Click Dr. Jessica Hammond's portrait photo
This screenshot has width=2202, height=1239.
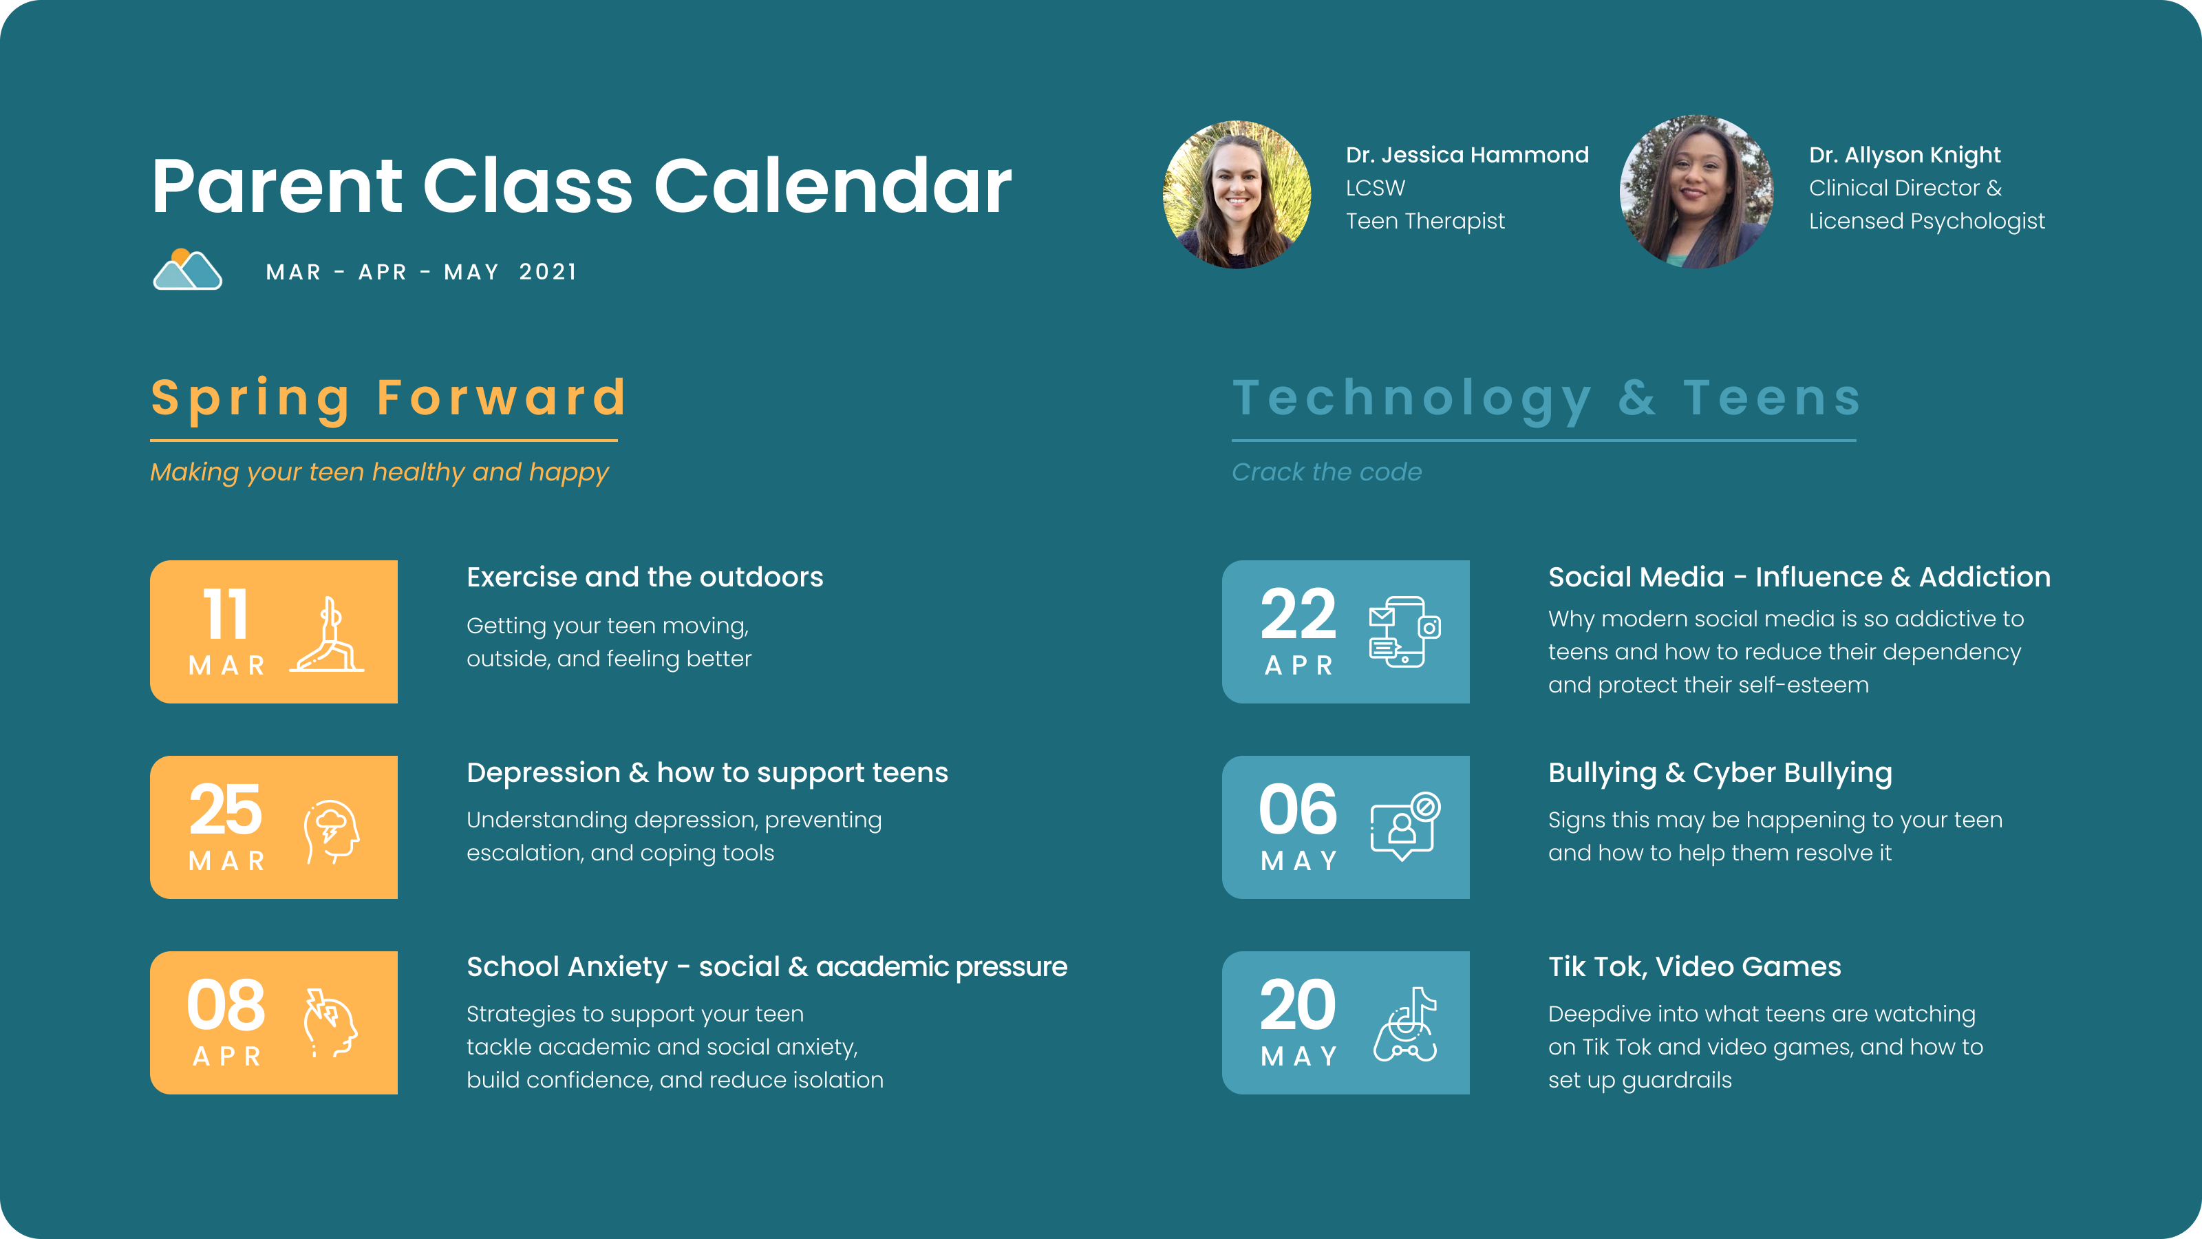pos(1237,195)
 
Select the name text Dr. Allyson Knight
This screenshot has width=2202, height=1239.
pos(1905,155)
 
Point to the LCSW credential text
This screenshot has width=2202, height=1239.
pos(1376,188)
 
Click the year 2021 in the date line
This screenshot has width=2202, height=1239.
pos(548,272)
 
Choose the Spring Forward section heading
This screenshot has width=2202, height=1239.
pos(389,399)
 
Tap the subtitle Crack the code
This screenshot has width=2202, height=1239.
pos(1327,472)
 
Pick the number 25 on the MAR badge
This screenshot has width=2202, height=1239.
pos(226,809)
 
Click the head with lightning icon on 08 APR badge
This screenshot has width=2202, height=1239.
pos(330,1023)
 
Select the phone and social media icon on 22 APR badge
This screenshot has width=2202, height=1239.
pos(1404,632)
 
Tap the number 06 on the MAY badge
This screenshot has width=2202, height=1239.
pos(1298,809)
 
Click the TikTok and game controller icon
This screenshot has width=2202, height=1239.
pos(1405,1024)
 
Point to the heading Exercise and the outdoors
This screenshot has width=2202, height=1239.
pos(645,578)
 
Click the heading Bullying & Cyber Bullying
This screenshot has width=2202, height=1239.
pos(1720,773)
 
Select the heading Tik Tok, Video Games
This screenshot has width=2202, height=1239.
pos(1694,967)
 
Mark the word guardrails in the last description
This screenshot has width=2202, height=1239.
pos(1676,1081)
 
